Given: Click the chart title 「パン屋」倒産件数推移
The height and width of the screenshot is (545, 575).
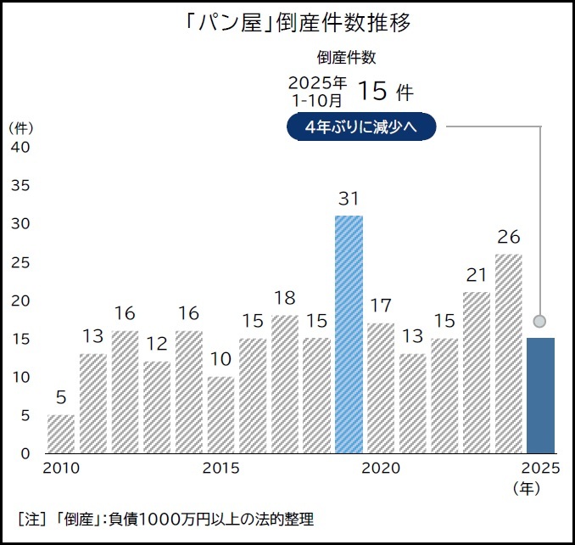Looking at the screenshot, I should (287, 23).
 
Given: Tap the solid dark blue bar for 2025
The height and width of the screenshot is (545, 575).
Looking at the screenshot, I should (540, 395).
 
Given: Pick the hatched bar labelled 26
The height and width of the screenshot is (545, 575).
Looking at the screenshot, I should (508, 353).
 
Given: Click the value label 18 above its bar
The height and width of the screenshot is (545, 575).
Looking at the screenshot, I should (284, 298).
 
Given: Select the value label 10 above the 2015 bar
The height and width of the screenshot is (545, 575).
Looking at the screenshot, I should (221, 359).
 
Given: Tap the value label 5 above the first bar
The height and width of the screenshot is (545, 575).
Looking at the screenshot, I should (61, 397).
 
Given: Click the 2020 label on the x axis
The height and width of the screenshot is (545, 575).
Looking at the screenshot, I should (381, 469).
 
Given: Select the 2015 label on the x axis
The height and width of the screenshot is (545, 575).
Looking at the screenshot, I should (221, 469).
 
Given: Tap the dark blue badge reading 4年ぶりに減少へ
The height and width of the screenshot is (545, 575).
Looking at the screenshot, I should (361, 127).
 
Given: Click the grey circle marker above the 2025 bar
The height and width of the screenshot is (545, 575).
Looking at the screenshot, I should (540, 321).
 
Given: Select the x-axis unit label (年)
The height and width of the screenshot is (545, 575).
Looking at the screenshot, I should (528, 488).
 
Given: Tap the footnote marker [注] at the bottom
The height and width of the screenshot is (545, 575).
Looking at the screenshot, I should (31, 519).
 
